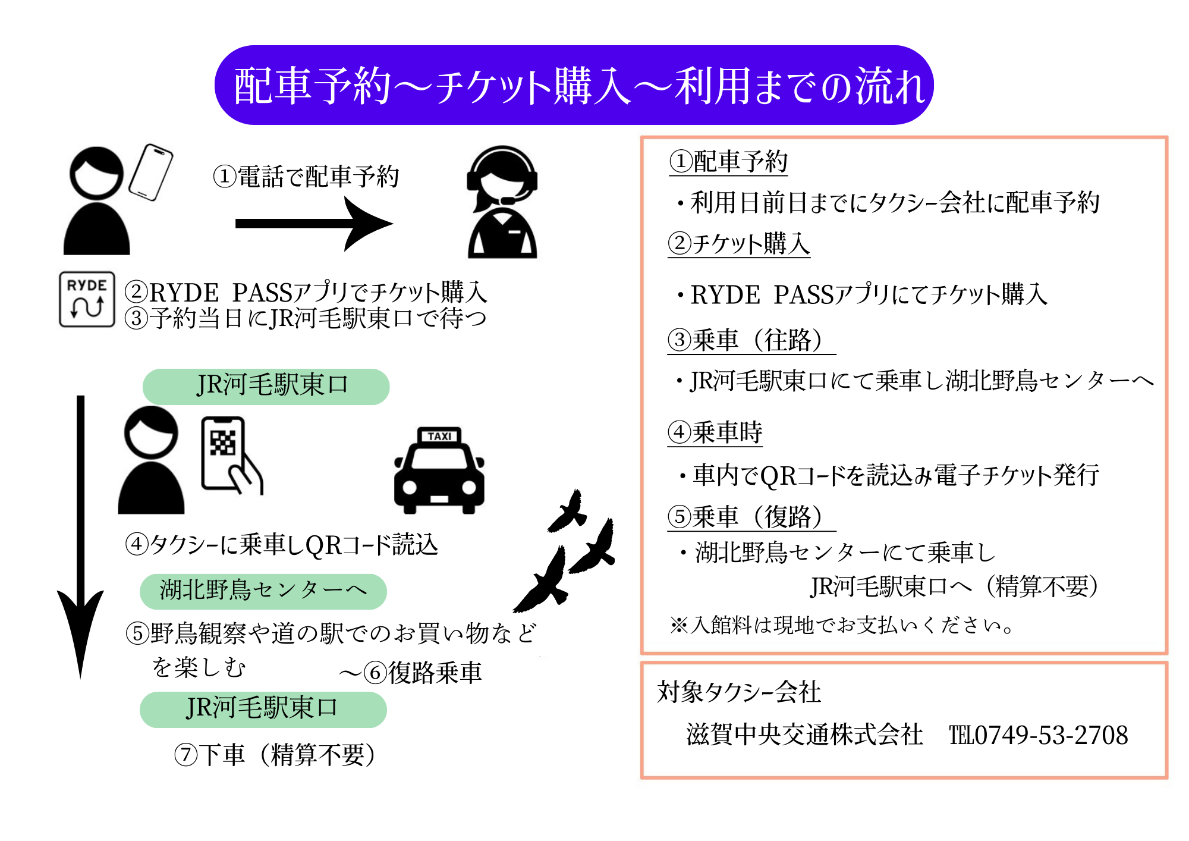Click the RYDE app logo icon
(87, 299)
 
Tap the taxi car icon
(439, 473)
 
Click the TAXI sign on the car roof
(439, 436)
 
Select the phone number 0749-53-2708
(1050, 736)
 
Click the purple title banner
(574, 85)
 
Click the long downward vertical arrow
(81, 535)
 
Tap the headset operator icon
(502, 202)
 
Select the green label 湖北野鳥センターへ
(263, 591)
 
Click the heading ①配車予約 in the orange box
(728, 162)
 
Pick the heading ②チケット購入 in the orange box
(739, 244)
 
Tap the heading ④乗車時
(715, 432)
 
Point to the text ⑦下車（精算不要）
(275, 755)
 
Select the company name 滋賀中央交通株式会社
(804, 735)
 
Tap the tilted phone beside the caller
(151, 172)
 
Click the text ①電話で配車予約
(306, 177)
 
